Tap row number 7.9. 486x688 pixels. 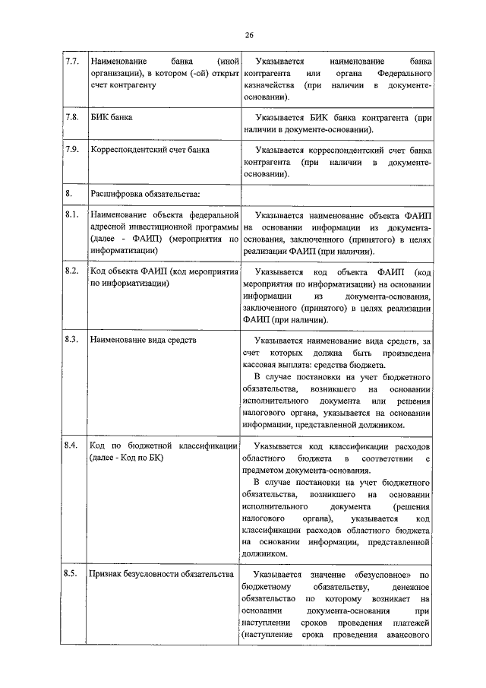[x=72, y=150]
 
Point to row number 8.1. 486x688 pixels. [x=72, y=215]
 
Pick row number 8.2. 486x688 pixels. [x=72, y=271]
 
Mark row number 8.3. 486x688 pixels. [x=72, y=340]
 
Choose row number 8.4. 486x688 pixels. [x=72, y=445]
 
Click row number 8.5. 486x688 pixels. [x=72, y=575]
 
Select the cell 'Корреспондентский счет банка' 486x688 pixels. [x=150, y=150]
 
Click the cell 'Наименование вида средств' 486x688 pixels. [x=142, y=340]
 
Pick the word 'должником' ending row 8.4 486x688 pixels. [x=262, y=554]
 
